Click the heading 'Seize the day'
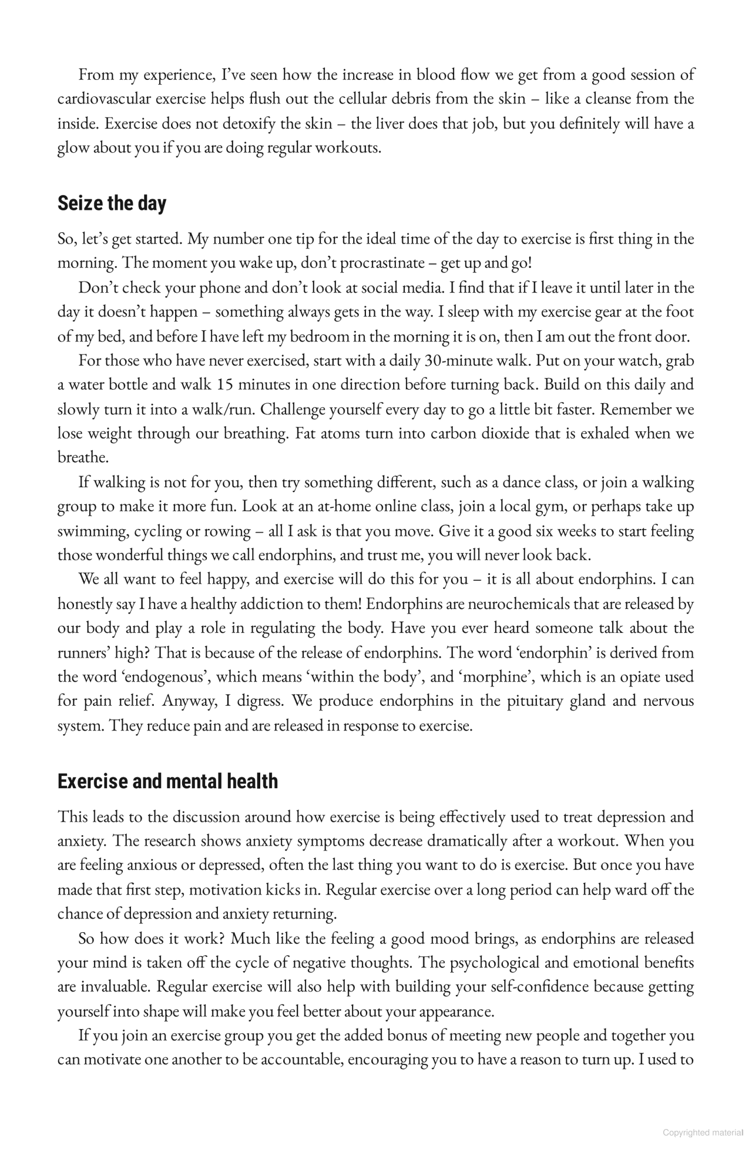pos(112,204)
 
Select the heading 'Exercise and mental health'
pos(167,782)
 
